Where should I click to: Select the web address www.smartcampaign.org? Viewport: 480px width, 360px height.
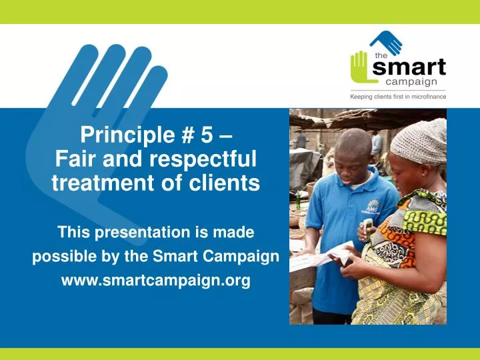[x=155, y=281]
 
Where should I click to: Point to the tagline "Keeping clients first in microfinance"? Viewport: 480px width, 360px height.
[x=398, y=97]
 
